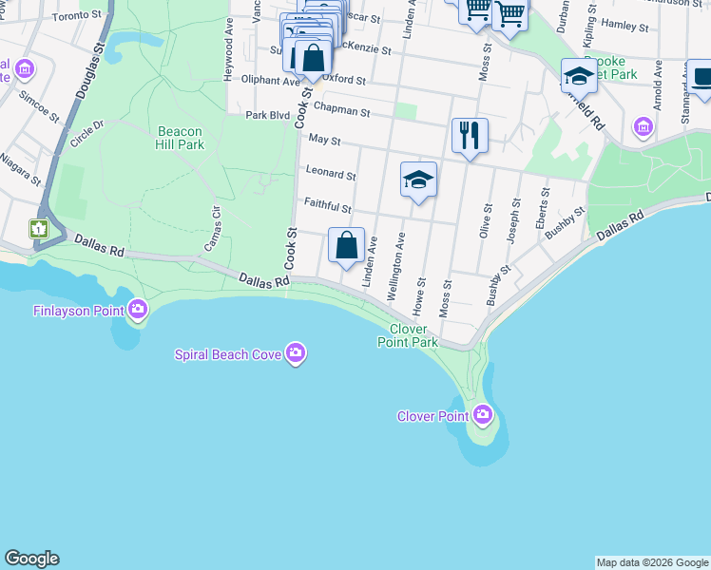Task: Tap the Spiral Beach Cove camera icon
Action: point(296,353)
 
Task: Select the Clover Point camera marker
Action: point(483,415)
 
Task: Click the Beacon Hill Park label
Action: point(181,138)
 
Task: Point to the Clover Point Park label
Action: point(408,335)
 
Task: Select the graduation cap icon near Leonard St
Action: point(418,180)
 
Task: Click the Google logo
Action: point(31,559)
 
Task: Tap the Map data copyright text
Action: point(652,562)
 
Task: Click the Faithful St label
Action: point(328,206)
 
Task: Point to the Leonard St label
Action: point(331,174)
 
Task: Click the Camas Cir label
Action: point(211,228)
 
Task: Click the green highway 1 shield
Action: point(38,228)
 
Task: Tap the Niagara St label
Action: point(21,168)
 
